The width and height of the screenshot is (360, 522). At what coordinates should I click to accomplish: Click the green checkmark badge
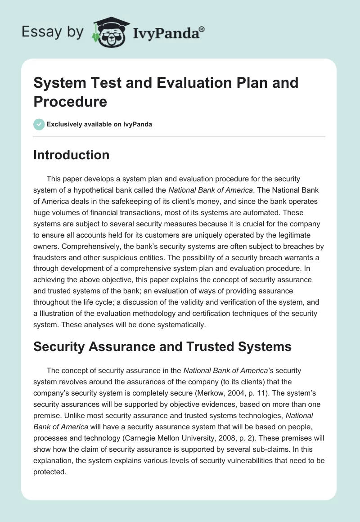[x=39, y=124]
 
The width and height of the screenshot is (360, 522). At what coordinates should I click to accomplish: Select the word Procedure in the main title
[x=70, y=102]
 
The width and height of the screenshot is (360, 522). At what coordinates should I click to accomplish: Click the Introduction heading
[x=72, y=155]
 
